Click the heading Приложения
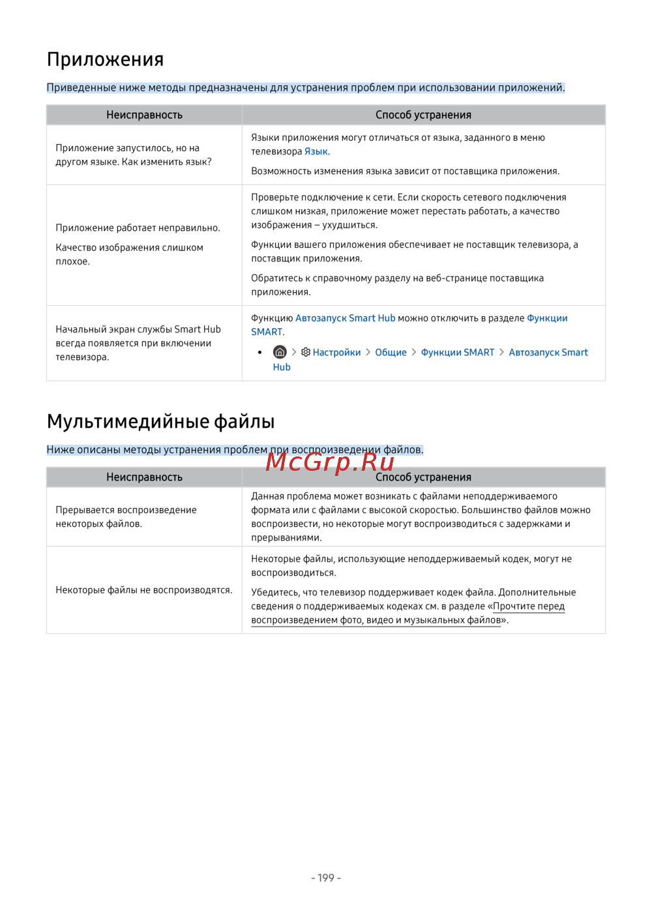point(105,59)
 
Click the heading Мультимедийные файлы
point(160,421)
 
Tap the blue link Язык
point(316,151)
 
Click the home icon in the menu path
point(280,352)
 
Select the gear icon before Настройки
point(306,352)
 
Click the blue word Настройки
point(336,352)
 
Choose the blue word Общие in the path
point(391,352)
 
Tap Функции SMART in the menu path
point(458,352)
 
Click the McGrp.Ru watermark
point(330,462)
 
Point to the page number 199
point(326,878)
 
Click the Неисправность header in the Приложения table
point(144,115)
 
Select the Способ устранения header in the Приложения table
point(423,115)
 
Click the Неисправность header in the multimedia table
point(144,477)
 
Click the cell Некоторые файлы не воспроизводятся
point(144,590)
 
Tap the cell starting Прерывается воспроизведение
point(126,516)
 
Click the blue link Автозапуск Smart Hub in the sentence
point(345,318)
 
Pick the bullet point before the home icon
point(259,352)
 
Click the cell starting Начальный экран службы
point(138,343)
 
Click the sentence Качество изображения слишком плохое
point(129,254)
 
